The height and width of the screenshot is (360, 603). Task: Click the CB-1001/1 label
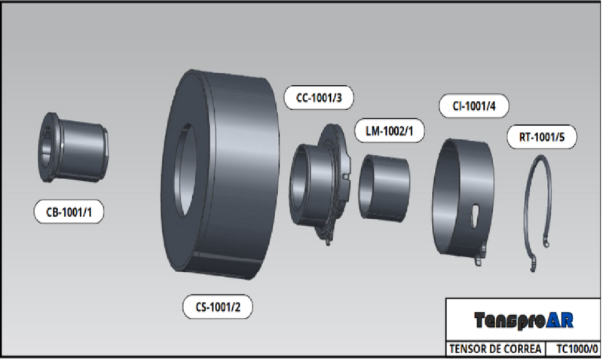(69, 213)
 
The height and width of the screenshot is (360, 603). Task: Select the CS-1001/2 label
(218, 307)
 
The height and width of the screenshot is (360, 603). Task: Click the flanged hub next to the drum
(320, 181)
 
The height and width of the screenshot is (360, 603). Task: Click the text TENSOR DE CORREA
(493, 349)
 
